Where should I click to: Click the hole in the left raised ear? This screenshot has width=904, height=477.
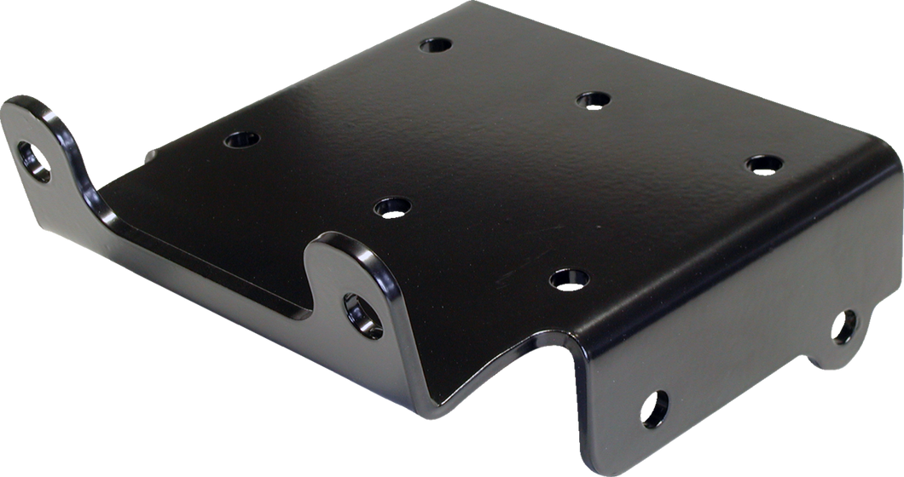click(34, 160)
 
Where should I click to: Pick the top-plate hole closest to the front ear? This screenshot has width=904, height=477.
click(392, 205)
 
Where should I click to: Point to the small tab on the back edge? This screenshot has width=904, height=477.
click(149, 155)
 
